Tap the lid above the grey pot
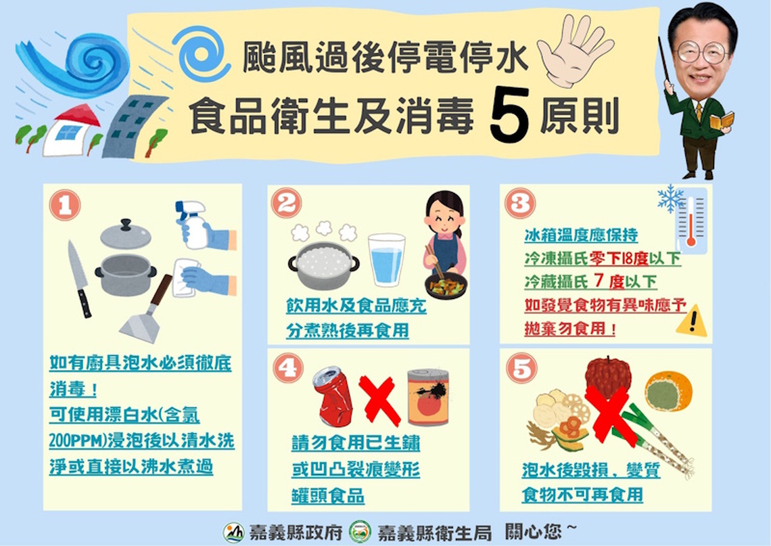(125, 234)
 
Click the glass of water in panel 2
(386, 260)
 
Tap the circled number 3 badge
(519, 202)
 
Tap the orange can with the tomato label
(427, 397)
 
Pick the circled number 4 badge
(288, 368)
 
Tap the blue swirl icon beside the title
(201, 53)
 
